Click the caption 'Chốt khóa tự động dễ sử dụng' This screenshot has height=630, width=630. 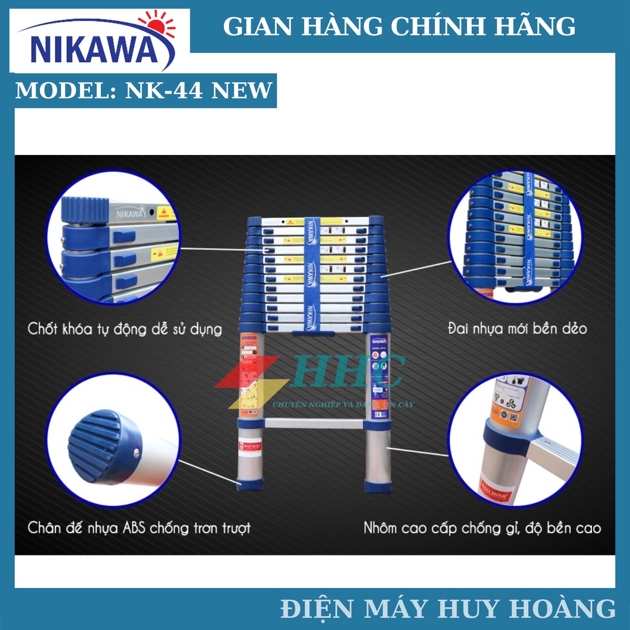(x=124, y=328)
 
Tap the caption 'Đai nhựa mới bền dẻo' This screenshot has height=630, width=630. (x=517, y=328)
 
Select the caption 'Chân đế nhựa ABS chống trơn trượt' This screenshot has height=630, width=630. (x=139, y=527)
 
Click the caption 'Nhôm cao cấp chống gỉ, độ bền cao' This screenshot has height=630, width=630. (x=482, y=527)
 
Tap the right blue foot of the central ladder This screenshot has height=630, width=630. (x=377, y=486)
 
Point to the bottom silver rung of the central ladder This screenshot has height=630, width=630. (x=314, y=423)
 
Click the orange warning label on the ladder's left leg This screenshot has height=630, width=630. (x=249, y=375)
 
